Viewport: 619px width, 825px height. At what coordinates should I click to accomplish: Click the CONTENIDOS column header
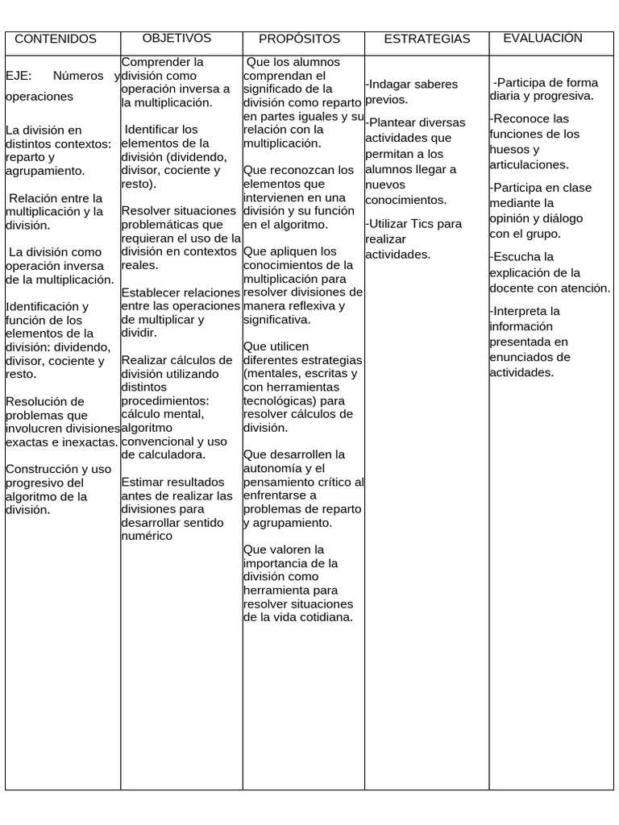(56, 39)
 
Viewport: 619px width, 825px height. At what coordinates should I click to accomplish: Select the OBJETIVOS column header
(177, 38)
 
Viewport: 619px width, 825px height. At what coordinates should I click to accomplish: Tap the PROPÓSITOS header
(300, 39)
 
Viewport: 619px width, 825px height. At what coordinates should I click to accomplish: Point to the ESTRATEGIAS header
(427, 39)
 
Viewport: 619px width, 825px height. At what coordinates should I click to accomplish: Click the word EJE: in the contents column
(19, 76)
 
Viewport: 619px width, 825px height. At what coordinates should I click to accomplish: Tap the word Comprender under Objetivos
(152, 62)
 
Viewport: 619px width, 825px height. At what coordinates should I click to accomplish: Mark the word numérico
(147, 536)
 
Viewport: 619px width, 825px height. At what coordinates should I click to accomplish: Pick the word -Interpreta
(525, 311)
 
